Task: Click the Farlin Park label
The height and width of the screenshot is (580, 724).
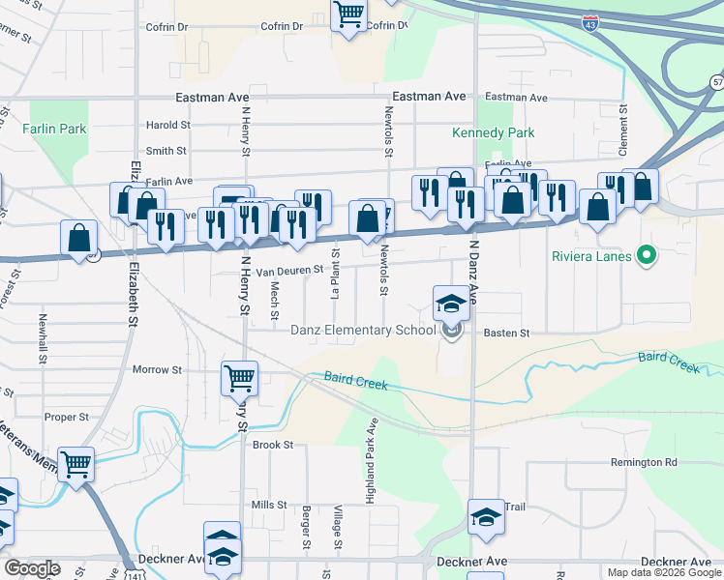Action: point(54,129)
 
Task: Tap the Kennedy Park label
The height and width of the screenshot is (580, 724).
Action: point(480,132)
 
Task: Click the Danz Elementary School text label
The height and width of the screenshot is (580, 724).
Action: point(363,331)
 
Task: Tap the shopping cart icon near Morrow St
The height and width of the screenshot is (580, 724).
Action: point(239,379)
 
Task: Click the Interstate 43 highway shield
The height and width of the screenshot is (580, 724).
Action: point(589,20)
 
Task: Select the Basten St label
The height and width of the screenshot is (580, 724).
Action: point(506,333)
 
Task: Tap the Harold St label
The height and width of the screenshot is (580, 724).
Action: point(167,125)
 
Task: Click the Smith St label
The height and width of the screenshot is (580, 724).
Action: point(166,151)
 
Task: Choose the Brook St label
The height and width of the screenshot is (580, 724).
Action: point(272,445)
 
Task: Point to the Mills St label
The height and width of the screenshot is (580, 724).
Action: point(269,505)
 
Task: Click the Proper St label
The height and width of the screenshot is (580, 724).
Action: point(67,417)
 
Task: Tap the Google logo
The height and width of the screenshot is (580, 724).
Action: point(32,568)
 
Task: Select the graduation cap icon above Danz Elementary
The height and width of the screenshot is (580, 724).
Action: point(451,304)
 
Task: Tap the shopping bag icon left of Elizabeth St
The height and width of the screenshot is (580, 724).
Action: point(78,238)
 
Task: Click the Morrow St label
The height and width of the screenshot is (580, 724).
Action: point(157,369)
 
